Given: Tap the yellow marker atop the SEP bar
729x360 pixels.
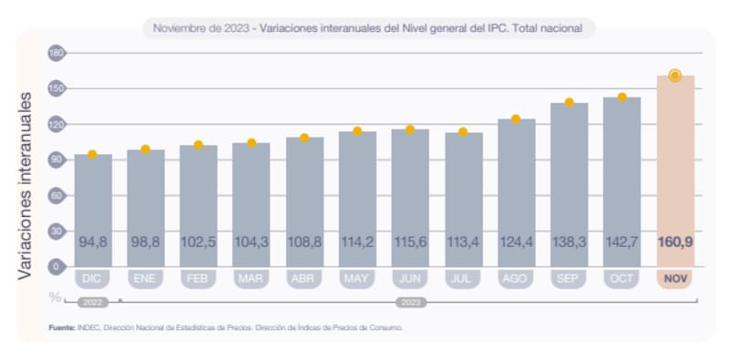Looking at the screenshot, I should point(569,102).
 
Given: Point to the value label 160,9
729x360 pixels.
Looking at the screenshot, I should point(675,242).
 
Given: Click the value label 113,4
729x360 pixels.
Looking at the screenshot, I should point(464,242).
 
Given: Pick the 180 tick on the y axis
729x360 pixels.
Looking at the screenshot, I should point(56,53).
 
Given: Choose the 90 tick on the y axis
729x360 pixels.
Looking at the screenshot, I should point(56,159).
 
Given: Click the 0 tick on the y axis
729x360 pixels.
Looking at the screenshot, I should point(56,266).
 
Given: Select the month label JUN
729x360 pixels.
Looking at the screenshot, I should point(411,279).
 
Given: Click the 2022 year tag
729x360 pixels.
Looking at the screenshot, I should point(93,300).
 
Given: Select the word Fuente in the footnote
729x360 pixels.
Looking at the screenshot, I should point(61,326).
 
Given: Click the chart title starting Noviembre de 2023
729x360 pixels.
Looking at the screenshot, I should point(368,28).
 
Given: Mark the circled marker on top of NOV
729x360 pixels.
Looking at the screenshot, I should point(675,76).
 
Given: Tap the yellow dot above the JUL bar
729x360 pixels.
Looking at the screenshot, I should point(463,132).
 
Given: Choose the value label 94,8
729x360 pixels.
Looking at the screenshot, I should point(93,242).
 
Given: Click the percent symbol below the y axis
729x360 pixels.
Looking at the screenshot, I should point(56,296).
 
